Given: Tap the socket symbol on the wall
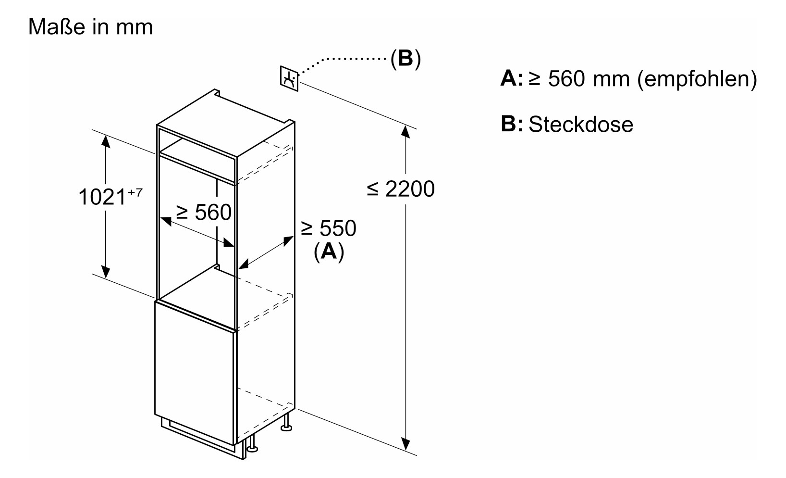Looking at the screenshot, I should (x=289, y=78).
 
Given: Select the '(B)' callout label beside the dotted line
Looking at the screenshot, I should (x=405, y=59).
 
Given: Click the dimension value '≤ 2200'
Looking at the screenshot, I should (x=401, y=189).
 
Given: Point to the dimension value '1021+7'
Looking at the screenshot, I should (x=110, y=197).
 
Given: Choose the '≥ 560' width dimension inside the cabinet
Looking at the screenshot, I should (x=204, y=212).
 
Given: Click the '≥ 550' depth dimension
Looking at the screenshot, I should (x=329, y=228).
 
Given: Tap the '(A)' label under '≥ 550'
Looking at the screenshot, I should (x=329, y=252).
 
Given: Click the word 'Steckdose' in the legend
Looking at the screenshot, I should (x=581, y=125).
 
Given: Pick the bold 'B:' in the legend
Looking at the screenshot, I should (x=511, y=124).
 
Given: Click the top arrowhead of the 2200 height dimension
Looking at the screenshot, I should (x=406, y=131).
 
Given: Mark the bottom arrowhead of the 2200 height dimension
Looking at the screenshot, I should (x=406, y=444).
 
